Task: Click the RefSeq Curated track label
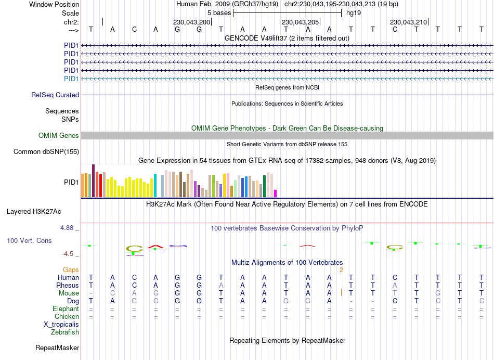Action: (55, 95)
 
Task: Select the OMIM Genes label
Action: (59, 136)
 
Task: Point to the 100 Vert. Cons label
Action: (30, 241)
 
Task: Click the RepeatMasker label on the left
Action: (57, 348)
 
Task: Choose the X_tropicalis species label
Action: (61, 324)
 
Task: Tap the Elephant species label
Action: (66, 309)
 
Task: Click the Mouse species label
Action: (69, 293)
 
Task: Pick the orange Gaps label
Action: (71, 269)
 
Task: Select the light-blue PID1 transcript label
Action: (71, 79)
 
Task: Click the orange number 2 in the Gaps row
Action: (341, 269)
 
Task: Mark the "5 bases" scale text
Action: (219, 12)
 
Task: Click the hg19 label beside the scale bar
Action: (354, 12)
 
